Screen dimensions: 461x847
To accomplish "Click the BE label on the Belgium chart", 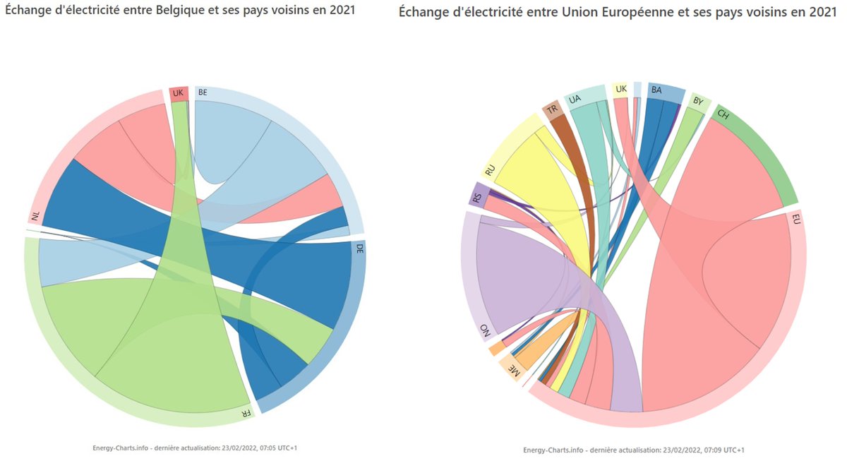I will pyautogui.click(x=203, y=92).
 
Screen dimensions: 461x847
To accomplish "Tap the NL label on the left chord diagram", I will pyautogui.click(x=35, y=215).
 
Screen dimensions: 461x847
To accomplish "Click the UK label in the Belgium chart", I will pyautogui.click(x=178, y=93).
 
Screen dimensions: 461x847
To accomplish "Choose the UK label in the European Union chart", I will pyautogui.click(x=621, y=89).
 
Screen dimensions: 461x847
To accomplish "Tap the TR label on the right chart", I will pyautogui.click(x=552, y=109).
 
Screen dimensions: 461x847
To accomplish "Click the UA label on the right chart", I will pyautogui.click(x=575, y=99).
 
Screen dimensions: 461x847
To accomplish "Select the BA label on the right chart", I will pyautogui.click(x=656, y=90).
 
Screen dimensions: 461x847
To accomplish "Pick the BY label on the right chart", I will pyautogui.click(x=698, y=102).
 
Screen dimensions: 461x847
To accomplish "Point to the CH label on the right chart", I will pyautogui.click(x=723, y=114).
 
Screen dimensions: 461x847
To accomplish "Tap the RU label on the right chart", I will pyautogui.click(x=489, y=171).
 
